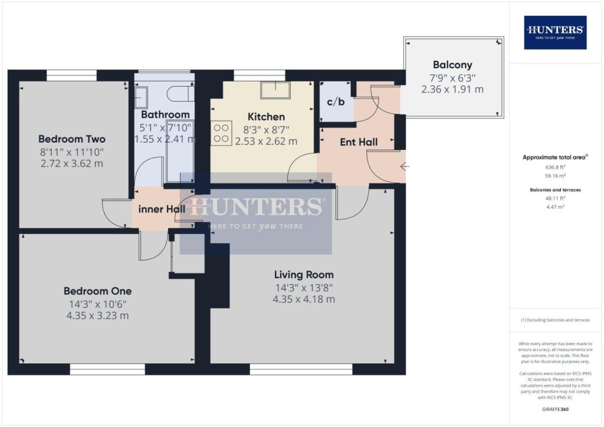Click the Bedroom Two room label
click(72, 139)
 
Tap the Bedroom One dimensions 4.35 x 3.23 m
click(97, 316)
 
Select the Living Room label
click(304, 275)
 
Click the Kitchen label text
click(266, 117)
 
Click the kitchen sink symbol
click(275, 90)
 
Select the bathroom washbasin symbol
click(141, 95)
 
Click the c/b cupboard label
click(336, 101)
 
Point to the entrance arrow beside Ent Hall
click(404, 167)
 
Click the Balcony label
click(452, 65)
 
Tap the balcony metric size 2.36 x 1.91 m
click(452, 90)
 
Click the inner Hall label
click(162, 209)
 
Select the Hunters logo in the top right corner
click(555, 32)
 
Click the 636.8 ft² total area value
click(555, 166)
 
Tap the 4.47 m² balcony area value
click(555, 207)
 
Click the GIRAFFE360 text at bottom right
click(555, 409)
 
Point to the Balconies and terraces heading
click(555, 190)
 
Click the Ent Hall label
click(359, 142)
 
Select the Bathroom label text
click(166, 114)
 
